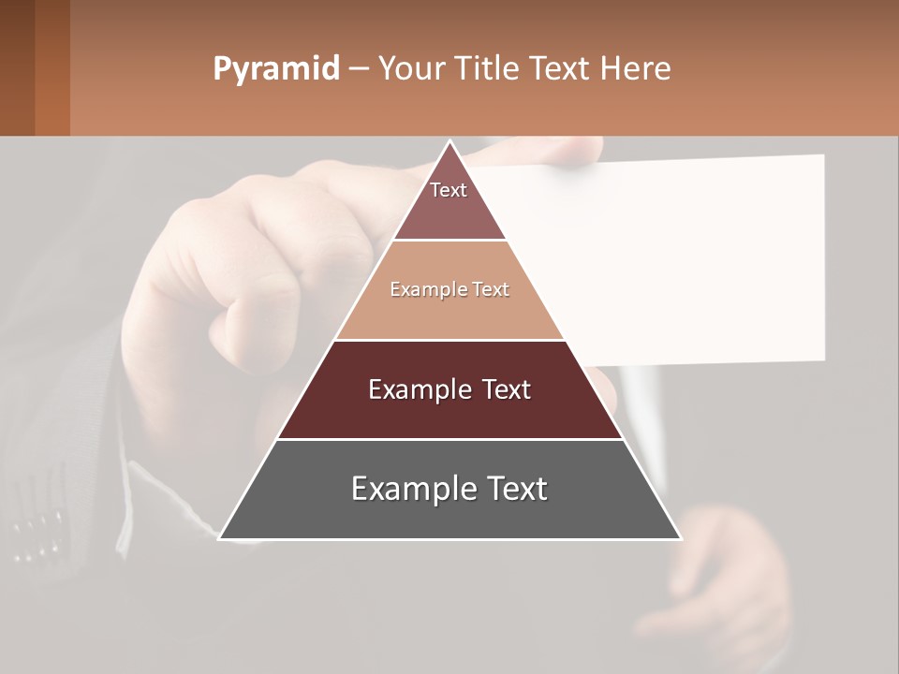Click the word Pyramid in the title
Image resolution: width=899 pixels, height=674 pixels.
pos(275,69)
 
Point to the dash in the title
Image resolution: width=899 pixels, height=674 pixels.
pos(358,69)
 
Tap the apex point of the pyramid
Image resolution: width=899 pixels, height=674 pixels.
pos(450,141)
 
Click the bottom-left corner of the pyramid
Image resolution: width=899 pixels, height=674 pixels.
pos(220,538)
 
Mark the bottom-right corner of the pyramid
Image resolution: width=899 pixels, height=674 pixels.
pos(681,538)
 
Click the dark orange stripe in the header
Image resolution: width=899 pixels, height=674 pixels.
pos(52,67)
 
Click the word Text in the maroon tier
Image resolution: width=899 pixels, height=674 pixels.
pos(503,389)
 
